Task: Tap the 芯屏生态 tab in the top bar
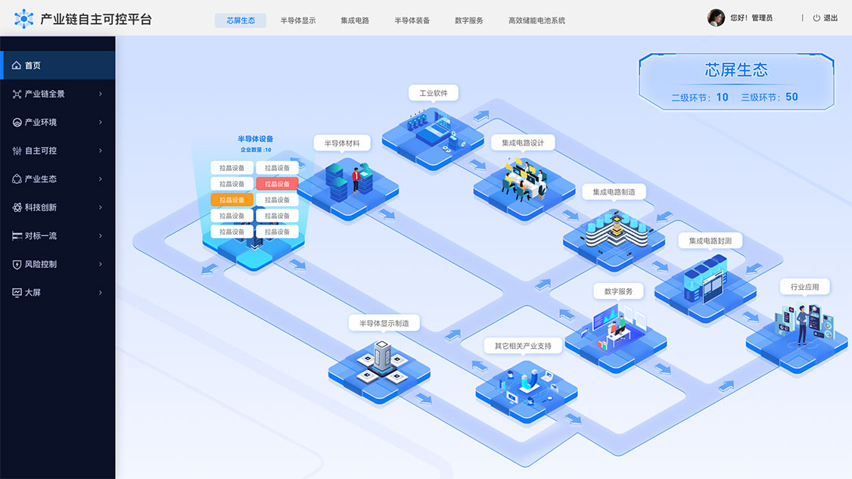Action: (240, 20)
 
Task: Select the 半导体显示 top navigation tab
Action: (298, 20)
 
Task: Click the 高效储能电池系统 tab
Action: (536, 20)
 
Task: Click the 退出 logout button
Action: (826, 18)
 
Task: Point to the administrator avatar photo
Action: (716, 17)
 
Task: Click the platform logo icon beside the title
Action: (24, 19)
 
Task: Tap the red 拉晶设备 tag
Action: (277, 184)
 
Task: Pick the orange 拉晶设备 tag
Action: (232, 200)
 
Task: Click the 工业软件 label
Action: (433, 93)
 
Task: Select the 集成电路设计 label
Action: (523, 142)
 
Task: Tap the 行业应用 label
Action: (805, 287)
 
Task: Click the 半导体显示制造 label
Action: (384, 323)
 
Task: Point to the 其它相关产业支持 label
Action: (523, 346)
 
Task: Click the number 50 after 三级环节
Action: (791, 97)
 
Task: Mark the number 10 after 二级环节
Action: (722, 98)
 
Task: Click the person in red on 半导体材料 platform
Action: (356, 180)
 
